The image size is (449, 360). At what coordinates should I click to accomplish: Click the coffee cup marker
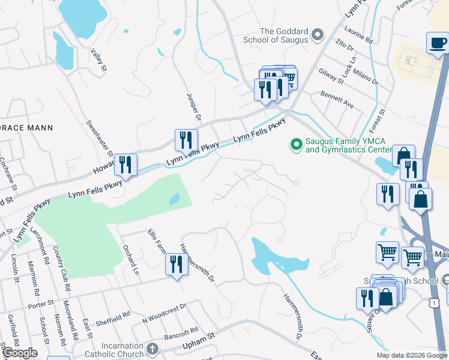pos(438,43)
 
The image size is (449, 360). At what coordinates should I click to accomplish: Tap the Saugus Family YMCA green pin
pos(295,145)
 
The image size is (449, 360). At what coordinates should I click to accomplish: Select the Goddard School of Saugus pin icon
pos(318,35)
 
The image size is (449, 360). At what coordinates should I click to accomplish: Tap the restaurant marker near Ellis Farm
pos(176,263)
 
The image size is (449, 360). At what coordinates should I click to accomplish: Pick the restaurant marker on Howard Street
pos(125,164)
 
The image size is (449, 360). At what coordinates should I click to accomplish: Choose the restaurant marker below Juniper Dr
pos(186,140)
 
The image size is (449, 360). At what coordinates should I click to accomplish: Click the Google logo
pos(20,353)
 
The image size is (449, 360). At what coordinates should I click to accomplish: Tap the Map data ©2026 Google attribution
pos(411,355)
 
